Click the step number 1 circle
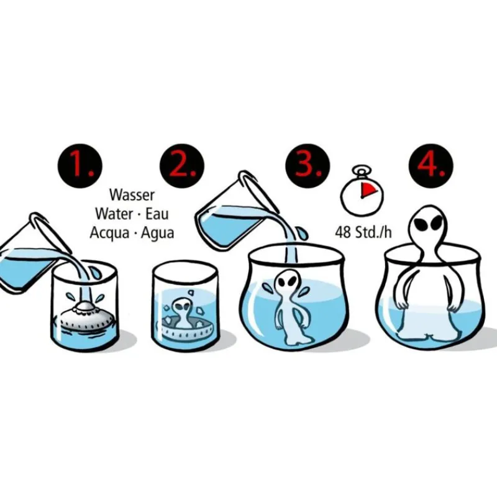pyautogui.click(x=80, y=166)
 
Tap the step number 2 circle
pyautogui.click(x=182, y=166)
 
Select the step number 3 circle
pyautogui.click(x=308, y=166)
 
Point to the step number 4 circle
pyautogui.click(x=431, y=166)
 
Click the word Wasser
pyautogui.click(x=132, y=195)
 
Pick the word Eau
pyautogui.click(x=157, y=214)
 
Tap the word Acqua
pyautogui.click(x=110, y=234)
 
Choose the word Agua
pyautogui.click(x=158, y=234)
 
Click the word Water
pyautogui.click(x=114, y=214)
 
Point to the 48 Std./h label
pyautogui.click(x=363, y=232)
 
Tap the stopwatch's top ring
pyautogui.click(x=362, y=169)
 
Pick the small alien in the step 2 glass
pyautogui.click(x=181, y=312)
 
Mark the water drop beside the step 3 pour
pyautogui.click(x=302, y=233)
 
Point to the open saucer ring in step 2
pyautogui.click(x=189, y=328)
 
